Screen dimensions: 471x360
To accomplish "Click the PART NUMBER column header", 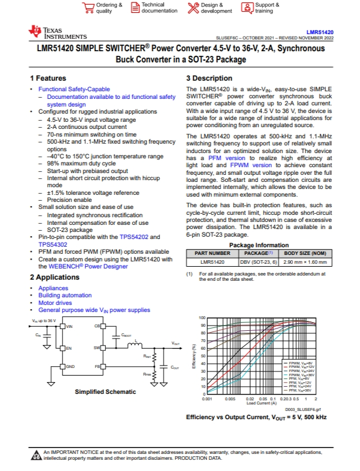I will pyautogui.click(x=213, y=253).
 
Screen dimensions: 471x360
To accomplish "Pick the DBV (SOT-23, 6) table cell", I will pyautogui.click(x=256, y=261).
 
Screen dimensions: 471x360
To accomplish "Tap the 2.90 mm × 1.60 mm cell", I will pyautogui.click(x=305, y=261).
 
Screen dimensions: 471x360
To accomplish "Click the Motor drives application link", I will pyautogui.click(x=55, y=303).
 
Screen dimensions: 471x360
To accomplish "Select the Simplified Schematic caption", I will pyautogui.click(x=105, y=392).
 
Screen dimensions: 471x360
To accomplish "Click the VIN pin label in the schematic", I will pyautogui.click(x=69, y=326).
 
